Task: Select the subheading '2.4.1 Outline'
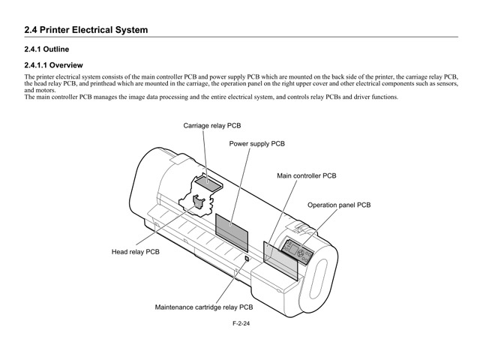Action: (x=50, y=49)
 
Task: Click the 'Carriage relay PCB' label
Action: (x=212, y=126)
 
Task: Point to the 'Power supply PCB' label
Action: (x=256, y=142)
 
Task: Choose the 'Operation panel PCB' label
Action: (x=338, y=204)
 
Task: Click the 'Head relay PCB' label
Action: (x=136, y=253)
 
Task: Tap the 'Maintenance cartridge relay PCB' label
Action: (x=203, y=307)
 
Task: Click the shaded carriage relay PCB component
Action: (x=207, y=181)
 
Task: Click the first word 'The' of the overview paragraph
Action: (x=29, y=77)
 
